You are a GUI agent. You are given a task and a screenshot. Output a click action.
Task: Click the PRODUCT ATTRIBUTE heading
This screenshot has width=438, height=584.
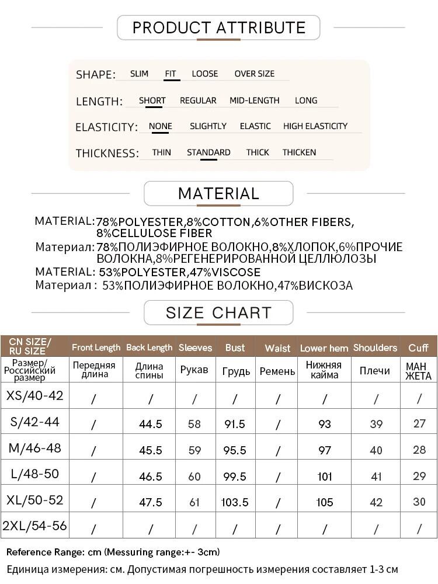219,27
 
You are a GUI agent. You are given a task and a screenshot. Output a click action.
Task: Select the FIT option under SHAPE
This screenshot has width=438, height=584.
171,74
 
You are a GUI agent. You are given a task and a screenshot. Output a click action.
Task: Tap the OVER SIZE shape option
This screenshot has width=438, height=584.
254,74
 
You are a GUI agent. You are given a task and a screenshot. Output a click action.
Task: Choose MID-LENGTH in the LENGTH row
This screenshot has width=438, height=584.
254,100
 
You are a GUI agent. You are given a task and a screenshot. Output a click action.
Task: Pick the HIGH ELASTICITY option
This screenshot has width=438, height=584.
315,126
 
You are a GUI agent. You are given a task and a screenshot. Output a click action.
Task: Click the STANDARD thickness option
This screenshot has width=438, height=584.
208,152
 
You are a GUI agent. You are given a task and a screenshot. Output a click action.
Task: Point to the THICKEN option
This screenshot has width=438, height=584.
299,152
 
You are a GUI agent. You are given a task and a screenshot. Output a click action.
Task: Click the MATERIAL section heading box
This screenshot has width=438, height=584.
218,193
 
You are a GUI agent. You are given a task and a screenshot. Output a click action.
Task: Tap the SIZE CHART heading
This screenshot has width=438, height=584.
218,312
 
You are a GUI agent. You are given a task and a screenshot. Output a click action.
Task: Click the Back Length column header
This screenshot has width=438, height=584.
150,347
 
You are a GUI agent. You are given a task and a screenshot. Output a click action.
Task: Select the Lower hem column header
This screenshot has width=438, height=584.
324,348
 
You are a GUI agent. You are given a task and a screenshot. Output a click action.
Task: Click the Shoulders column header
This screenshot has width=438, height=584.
375,347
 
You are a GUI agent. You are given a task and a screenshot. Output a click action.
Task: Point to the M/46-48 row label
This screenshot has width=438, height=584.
35,449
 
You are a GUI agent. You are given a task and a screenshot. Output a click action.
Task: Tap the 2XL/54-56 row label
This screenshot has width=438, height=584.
35,526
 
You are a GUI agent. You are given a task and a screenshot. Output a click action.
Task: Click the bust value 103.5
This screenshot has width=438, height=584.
235,503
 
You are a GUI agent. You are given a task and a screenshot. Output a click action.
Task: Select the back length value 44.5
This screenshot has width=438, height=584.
151,424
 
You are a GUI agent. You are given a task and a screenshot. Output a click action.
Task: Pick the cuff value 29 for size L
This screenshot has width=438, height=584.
419,477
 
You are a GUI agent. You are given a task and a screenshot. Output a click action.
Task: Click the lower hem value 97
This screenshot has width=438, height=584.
325,450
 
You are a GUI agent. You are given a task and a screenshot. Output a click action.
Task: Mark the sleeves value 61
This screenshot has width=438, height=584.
194,503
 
